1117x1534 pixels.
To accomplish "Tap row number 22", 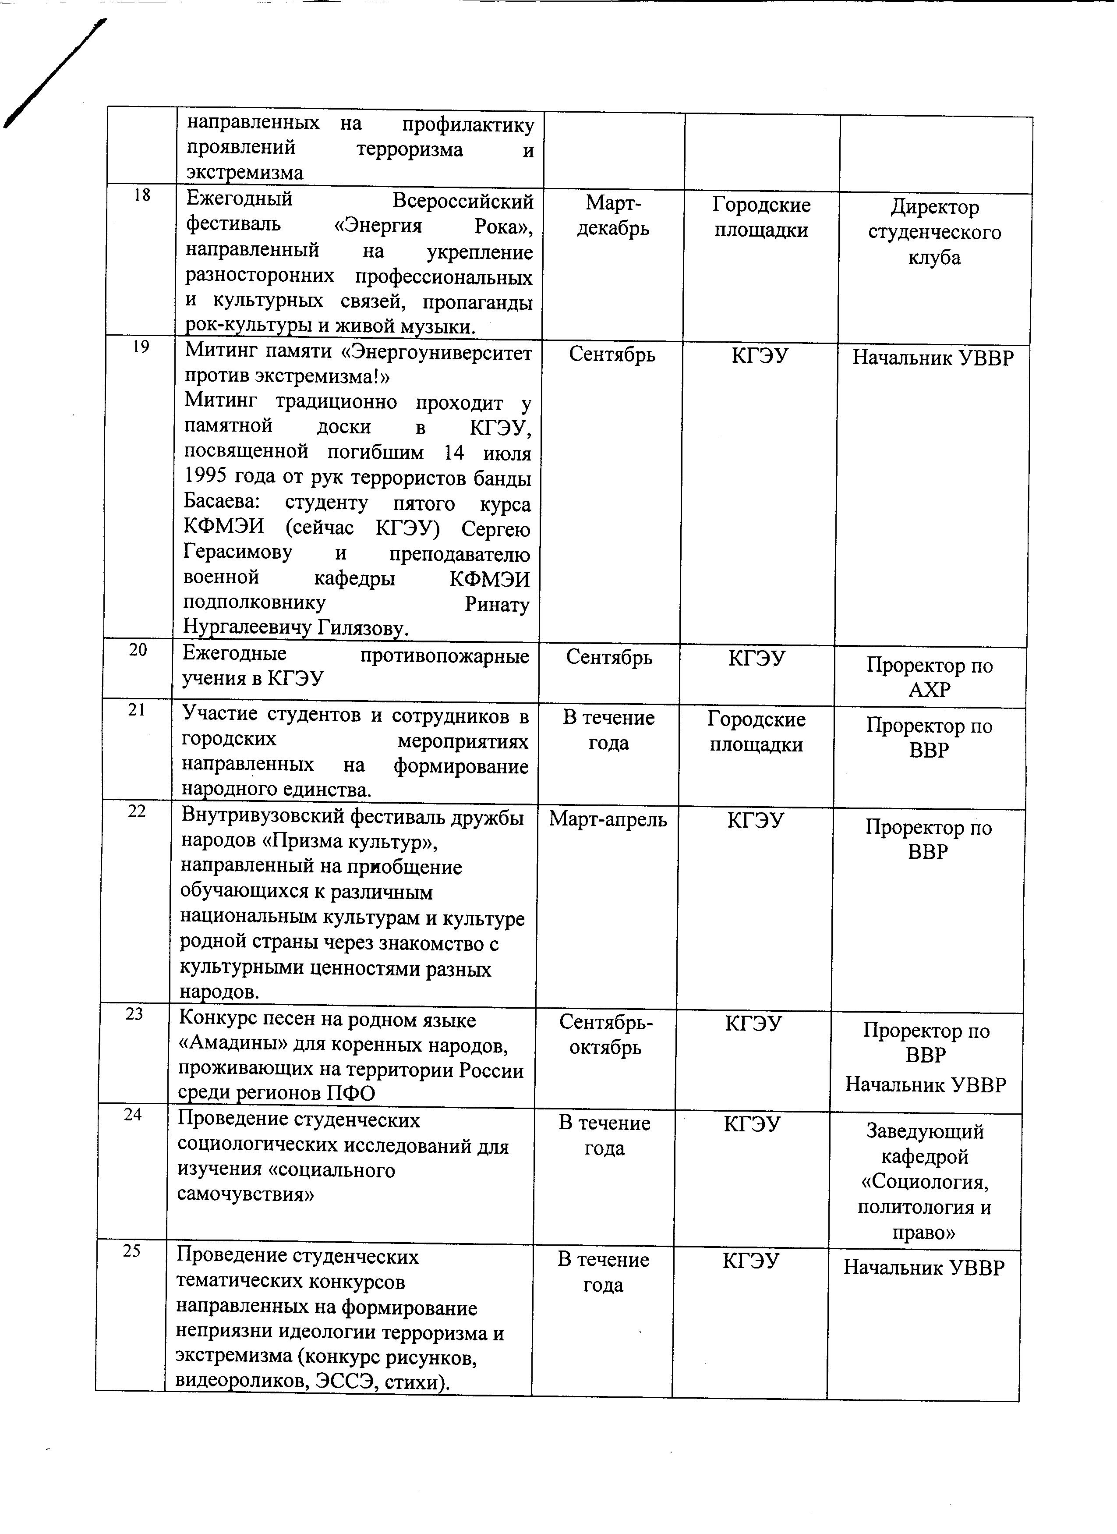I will point(137,811).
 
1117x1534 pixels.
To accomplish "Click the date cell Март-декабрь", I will point(613,216).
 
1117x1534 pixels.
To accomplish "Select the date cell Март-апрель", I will point(608,820).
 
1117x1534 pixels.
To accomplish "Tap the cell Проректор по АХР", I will point(930,678).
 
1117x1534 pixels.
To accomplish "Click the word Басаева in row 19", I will point(223,503).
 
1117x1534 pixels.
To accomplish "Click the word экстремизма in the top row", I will point(245,173).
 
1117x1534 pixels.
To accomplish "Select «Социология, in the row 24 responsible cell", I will point(925,1182).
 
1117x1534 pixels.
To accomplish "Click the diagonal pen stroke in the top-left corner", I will point(54,74).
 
